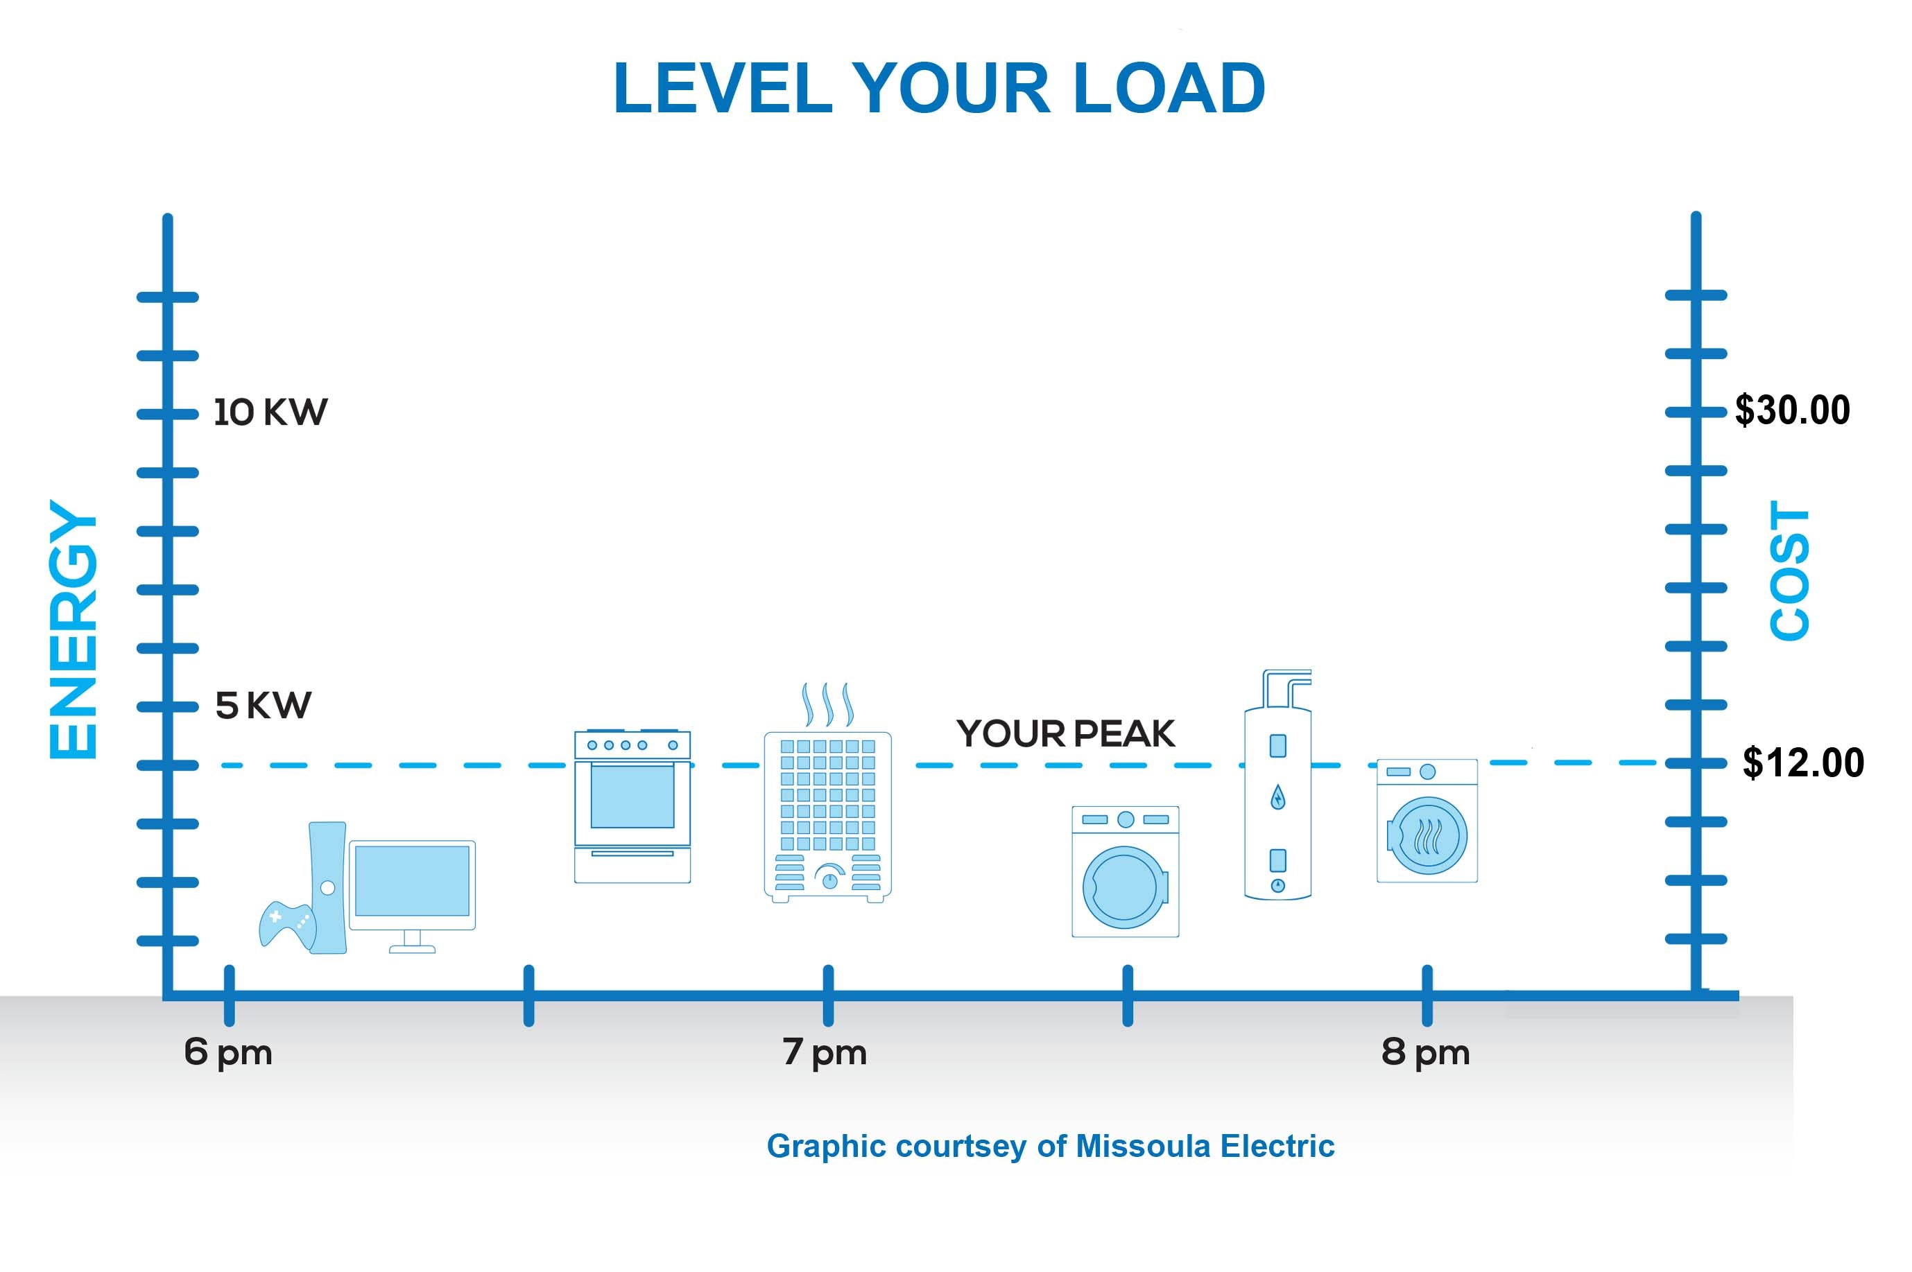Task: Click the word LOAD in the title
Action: coord(1169,87)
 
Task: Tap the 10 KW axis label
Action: coord(270,412)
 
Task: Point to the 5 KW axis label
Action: coord(263,706)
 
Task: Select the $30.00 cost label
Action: coord(1792,410)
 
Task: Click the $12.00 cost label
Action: coord(1803,763)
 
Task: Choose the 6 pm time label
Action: coord(228,1052)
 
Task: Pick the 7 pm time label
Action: coord(825,1052)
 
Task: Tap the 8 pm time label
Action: coord(1425,1052)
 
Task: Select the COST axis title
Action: coord(1789,570)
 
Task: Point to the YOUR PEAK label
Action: coord(1065,733)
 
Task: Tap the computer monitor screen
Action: coord(412,880)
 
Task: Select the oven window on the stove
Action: coord(632,795)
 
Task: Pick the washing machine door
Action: coord(1124,887)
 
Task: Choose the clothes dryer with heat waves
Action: coord(1427,821)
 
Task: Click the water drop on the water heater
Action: coord(1277,797)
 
